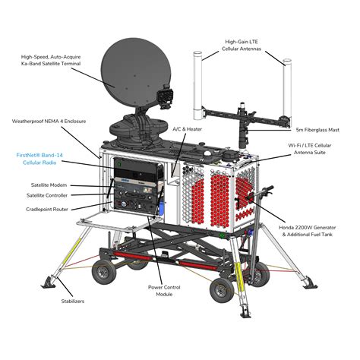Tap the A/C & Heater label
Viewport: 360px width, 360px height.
click(188, 130)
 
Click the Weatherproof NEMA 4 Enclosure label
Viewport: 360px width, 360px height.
click(48, 121)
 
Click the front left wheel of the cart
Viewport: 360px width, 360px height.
click(103, 273)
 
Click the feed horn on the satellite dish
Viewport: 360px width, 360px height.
click(165, 97)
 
